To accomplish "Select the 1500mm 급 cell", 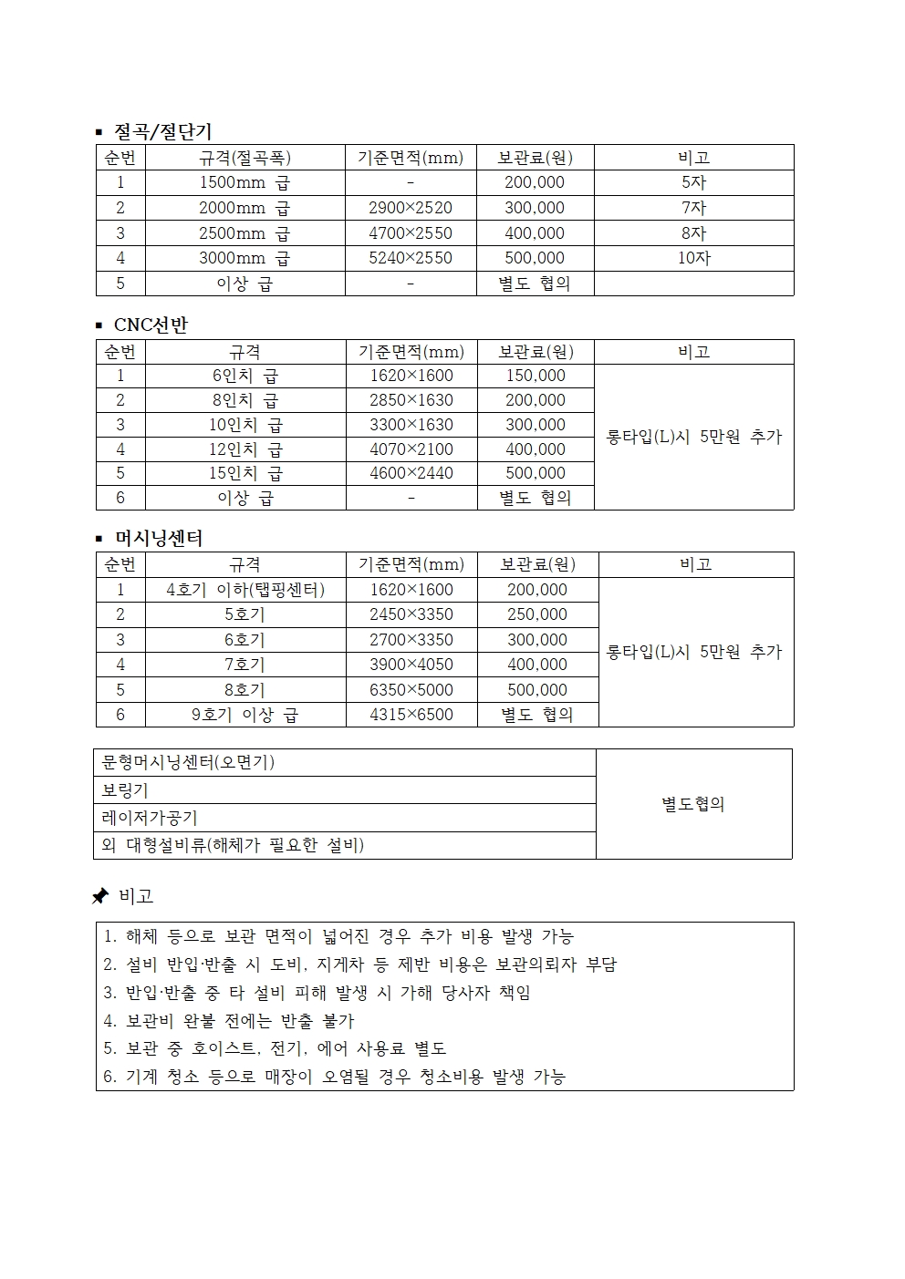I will (x=244, y=182).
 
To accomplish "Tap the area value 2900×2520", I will (x=411, y=208).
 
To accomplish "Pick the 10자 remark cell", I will (x=693, y=258).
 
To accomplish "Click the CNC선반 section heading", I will (x=151, y=325).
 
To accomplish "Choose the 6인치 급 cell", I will (x=244, y=376).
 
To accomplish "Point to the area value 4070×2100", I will (x=411, y=449).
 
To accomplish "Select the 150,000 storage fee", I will (x=536, y=376).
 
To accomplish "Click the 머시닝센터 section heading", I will (x=158, y=538).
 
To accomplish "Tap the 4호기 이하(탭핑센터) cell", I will (x=244, y=590).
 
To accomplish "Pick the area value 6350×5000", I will (x=411, y=690).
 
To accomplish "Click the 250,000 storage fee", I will (x=537, y=614).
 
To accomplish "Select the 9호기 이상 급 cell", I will (x=244, y=715).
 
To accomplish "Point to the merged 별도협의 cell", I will (x=693, y=804).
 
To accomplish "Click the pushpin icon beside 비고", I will (x=100, y=897).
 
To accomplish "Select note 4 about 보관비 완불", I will (x=228, y=1021).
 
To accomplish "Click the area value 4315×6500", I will (x=411, y=715).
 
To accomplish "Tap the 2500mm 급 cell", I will (x=244, y=233).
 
